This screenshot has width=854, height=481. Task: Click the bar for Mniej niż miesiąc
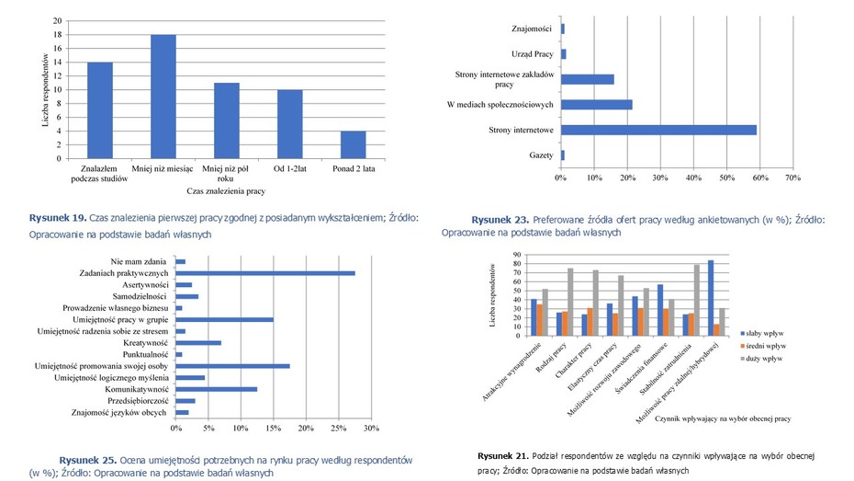[x=163, y=97]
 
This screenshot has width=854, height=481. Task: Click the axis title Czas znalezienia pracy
[x=226, y=190]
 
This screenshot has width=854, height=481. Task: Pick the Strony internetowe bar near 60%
[x=658, y=130]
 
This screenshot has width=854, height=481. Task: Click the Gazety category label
[x=541, y=155]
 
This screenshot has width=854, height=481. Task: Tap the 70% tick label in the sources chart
[x=792, y=178]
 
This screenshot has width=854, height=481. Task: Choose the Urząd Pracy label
[x=533, y=54]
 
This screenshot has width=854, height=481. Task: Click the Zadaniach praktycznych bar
[x=264, y=273]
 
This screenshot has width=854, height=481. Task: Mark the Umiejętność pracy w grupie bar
[x=224, y=319]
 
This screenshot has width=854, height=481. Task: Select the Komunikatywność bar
[x=216, y=389]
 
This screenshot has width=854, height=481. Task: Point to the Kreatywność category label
[x=145, y=343]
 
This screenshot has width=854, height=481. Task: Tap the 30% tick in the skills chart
[x=371, y=429]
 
